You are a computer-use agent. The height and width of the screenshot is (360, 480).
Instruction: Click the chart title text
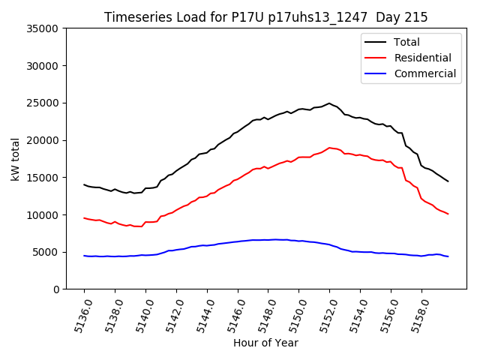[265, 17]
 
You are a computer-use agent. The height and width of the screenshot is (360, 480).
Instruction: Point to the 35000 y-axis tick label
[42, 28]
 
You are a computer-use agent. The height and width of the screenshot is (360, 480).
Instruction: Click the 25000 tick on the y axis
[42, 103]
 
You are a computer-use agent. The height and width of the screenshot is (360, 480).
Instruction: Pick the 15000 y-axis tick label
[42, 178]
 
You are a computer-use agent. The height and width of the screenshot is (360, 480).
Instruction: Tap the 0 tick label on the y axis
[55, 289]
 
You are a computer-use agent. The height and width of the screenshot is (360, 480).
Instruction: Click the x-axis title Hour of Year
[265, 343]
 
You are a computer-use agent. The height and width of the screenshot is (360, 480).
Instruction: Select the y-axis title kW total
[15, 159]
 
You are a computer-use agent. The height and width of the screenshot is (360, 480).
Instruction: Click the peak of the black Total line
[329, 103]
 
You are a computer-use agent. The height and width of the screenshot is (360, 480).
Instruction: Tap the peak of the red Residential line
[329, 148]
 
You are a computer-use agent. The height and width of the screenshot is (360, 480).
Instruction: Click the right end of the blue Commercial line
[448, 256]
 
